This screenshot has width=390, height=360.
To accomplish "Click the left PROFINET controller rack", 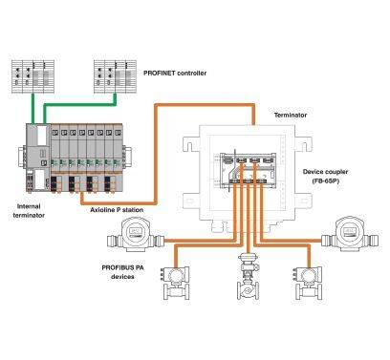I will [36, 74].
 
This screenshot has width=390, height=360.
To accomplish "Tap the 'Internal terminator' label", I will [30, 209].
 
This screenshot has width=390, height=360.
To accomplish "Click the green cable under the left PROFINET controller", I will [35, 109].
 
